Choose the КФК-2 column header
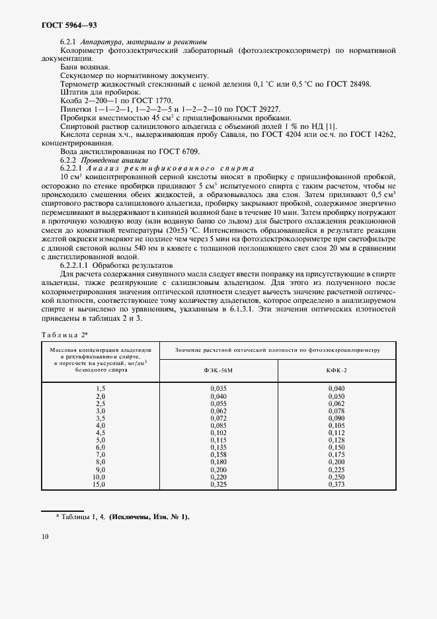[336, 371]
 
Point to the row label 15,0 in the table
[100, 485]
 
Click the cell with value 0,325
[218, 485]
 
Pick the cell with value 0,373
[336, 485]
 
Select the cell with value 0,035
[218, 388]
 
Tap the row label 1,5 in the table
[101, 388]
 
